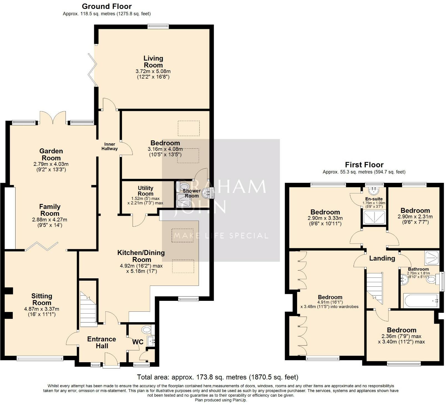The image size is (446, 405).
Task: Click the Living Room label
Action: click(153, 62)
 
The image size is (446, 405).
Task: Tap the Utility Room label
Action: click(146, 191)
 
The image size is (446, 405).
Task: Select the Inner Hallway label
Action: click(110, 146)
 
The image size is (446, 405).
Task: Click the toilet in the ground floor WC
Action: click(146, 330)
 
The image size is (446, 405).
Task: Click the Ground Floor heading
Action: click(107, 6)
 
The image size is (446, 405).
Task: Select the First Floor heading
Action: click(364, 165)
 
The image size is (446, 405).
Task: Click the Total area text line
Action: click(218, 377)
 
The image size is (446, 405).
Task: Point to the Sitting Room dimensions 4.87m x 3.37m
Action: click(42, 309)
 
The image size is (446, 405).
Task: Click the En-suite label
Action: click(374, 199)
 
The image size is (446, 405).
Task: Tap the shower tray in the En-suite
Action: click(374, 217)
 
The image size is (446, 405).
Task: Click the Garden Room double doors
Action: click(53, 117)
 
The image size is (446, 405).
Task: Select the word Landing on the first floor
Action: click(382, 258)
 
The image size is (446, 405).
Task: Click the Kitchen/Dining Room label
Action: click(141, 256)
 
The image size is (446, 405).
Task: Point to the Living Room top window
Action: click(158, 26)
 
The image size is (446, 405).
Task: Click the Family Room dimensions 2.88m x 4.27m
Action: click(50, 220)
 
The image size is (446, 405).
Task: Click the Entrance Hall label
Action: click(102, 342)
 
